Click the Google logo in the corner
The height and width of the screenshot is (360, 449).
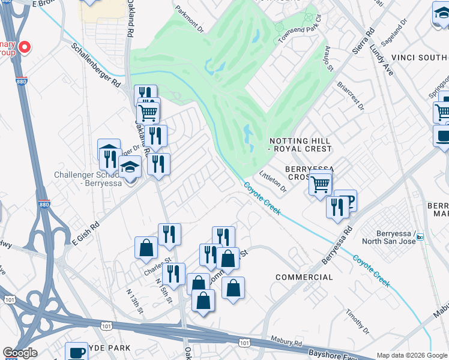20,353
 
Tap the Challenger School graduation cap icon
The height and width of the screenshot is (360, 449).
130,168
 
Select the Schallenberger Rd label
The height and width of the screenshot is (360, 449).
95,67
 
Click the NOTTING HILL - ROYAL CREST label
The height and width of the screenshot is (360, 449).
300,144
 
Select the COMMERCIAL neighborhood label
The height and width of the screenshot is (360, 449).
304,277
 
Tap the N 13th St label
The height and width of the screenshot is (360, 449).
135,300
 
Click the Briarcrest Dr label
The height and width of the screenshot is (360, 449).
351,96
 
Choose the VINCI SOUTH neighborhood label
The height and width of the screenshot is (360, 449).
420,58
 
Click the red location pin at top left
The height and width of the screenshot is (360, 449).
25,47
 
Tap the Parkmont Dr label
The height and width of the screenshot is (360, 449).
190,19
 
